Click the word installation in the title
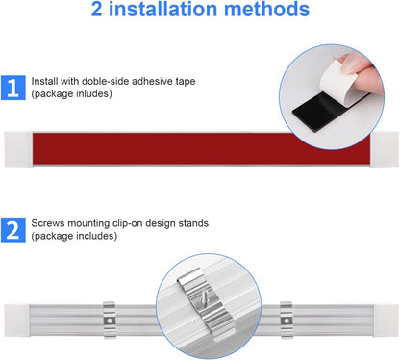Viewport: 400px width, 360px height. [x=163, y=9]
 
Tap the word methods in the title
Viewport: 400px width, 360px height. [x=266, y=9]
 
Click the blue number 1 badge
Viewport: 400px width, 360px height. [x=13, y=88]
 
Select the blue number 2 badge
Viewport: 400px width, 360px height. [x=13, y=230]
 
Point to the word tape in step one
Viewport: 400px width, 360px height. [x=186, y=82]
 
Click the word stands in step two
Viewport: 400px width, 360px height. [x=193, y=223]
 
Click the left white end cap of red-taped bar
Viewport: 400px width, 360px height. [x=18, y=149]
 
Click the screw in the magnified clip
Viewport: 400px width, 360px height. [x=204, y=300]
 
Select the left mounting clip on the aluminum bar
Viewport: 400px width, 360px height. [x=110, y=320]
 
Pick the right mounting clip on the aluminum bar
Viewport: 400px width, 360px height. [x=287, y=320]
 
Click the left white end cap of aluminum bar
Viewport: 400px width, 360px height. [x=17, y=321]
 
